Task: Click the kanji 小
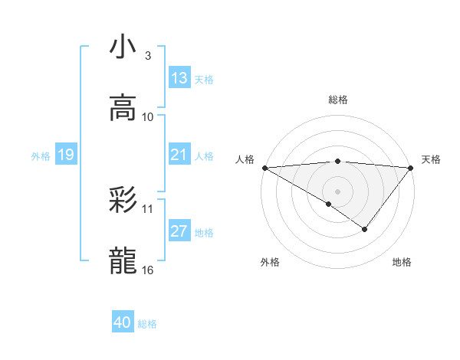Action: pyautogui.click(x=123, y=47)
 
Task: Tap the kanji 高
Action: pyautogui.click(x=123, y=108)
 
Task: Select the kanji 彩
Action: pyautogui.click(x=123, y=200)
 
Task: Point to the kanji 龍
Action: pyautogui.click(x=123, y=261)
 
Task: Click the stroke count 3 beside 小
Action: pyautogui.click(x=148, y=56)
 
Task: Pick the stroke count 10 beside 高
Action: pyautogui.click(x=148, y=116)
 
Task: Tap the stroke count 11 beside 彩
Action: pyautogui.click(x=148, y=208)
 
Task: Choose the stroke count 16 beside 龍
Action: pyautogui.click(x=148, y=270)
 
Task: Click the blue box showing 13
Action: pyautogui.click(x=179, y=77)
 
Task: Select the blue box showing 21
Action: pyautogui.click(x=179, y=155)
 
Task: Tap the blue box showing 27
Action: pyautogui.click(x=179, y=231)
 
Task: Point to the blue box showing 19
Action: pyautogui.click(x=66, y=155)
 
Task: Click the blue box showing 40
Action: pyautogui.click(x=123, y=322)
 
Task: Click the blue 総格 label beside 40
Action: pyautogui.click(x=147, y=324)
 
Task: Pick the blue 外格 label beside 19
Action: pyautogui.click(x=41, y=155)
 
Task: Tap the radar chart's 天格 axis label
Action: pyautogui.click(x=431, y=159)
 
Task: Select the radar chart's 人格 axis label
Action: pyautogui.click(x=245, y=159)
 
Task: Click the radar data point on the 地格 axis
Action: pyautogui.click(x=365, y=229)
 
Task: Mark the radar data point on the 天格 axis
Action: pyautogui.click(x=411, y=167)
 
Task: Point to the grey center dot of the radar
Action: pyautogui.click(x=337, y=191)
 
